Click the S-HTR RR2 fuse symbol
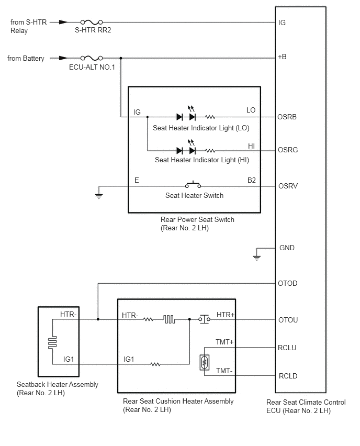pos(92,22)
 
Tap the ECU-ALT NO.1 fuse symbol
pos(92,58)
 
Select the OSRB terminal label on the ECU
pos(287,117)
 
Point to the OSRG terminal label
pos(288,150)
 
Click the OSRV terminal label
pos(288,186)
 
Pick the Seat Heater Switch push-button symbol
pos(193,185)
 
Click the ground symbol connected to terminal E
pos(99,196)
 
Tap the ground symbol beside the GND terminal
pos(256,258)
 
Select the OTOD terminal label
pos(287,283)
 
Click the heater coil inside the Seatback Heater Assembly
pos(53,342)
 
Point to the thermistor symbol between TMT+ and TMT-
pos(205,362)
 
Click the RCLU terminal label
pos(287,348)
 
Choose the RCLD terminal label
pos(288,376)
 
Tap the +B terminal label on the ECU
pos(282,57)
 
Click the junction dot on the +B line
pos(121,58)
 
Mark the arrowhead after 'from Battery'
pos(63,58)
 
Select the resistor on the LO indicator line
pos(210,117)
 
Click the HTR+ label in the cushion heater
pos(226,315)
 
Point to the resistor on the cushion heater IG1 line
pos(155,364)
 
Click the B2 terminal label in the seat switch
pos(252,180)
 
